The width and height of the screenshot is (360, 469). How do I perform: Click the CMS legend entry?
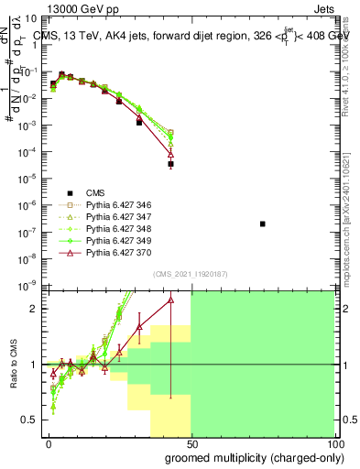[x=95, y=192]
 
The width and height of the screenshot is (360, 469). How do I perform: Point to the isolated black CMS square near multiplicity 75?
[x=263, y=224]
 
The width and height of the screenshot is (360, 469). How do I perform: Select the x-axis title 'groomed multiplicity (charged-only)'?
[x=238, y=459]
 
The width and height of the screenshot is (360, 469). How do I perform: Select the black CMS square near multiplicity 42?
[x=170, y=164]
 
